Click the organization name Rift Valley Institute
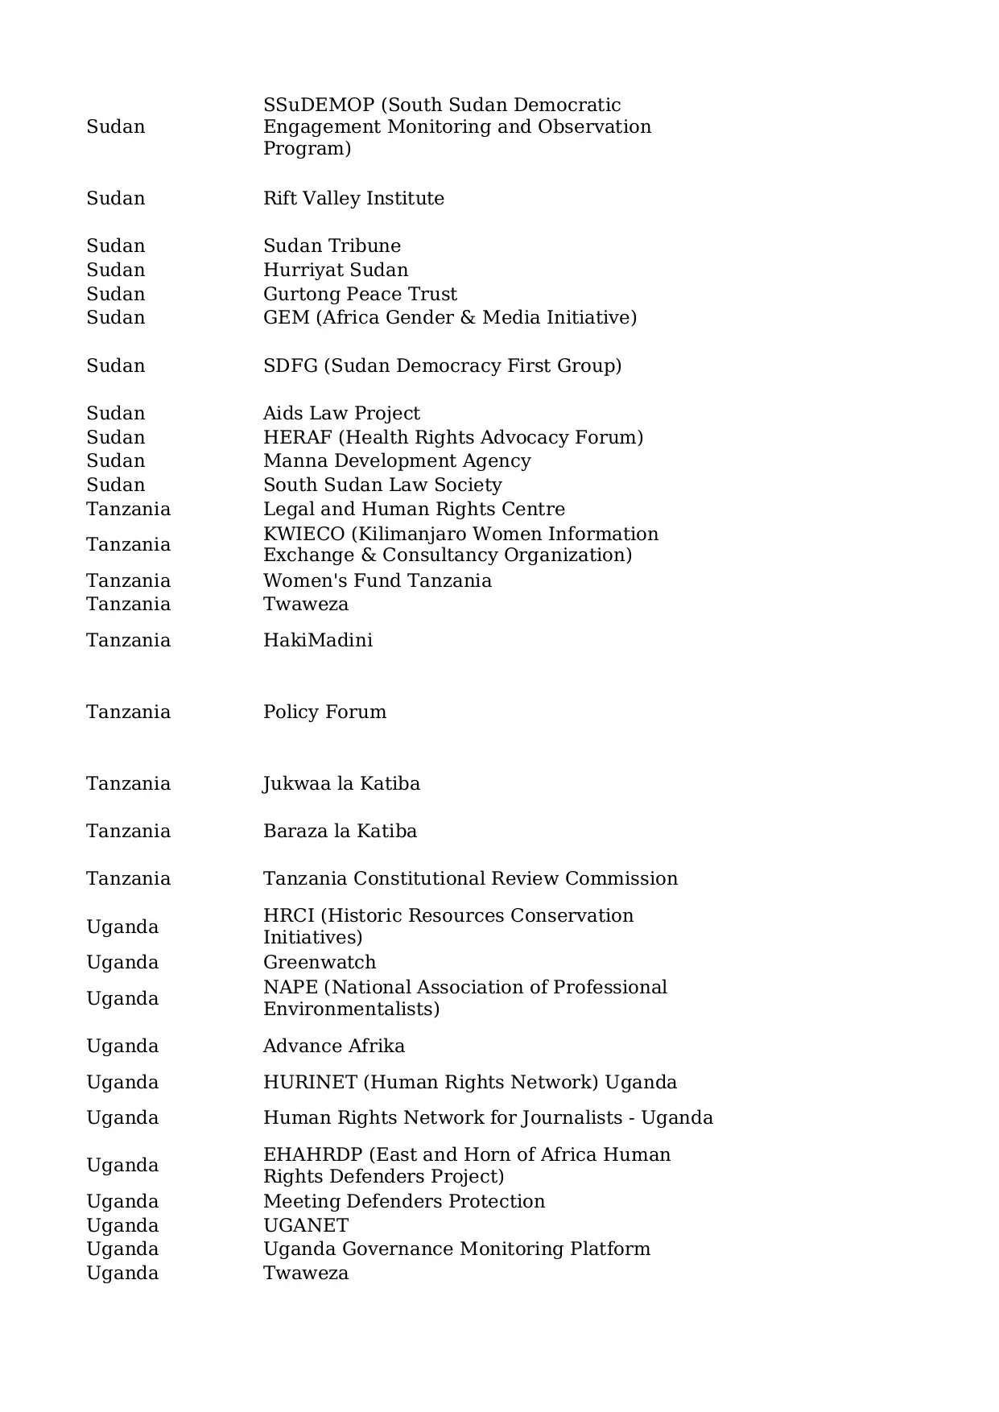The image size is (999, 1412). [x=353, y=198]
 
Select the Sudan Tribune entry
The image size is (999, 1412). [x=332, y=246]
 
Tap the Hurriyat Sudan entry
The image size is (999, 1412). [x=336, y=270]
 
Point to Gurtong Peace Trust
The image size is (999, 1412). [x=360, y=294]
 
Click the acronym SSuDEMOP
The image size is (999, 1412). [x=319, y=105]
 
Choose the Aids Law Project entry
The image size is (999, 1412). [x=341, y=413]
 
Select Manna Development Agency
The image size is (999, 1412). [x=397, y=460]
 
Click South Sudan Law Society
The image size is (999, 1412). [x=382, y=485]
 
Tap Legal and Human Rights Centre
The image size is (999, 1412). [x=414, y=509]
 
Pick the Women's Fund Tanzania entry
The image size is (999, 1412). [x=378, y=580]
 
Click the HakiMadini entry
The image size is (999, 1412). [x=318, y=640]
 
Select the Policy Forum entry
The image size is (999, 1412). [x=324, y=712]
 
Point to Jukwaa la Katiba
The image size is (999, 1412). [x=341, y=783]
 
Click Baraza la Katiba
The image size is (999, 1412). [x=340, y=831]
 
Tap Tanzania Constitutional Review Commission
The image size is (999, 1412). [x=470, y=878]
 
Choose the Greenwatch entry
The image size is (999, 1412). [x=320, y=962]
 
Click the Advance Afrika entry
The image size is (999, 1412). [x=334, y=1046]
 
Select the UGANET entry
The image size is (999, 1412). [x=306, y=1225]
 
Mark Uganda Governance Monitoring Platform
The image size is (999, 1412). [x=456, y=1249]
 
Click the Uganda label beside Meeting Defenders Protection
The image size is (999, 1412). [x=122, y=1201]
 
